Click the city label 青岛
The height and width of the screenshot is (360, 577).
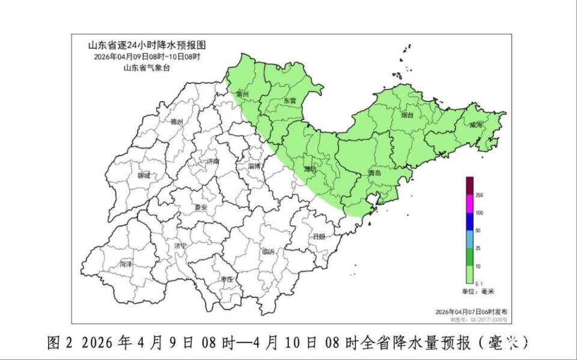[374, 173]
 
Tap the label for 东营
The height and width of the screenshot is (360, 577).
[290, 101]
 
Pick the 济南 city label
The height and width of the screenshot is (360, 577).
[213, 162]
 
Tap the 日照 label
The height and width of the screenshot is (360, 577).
[319, 236]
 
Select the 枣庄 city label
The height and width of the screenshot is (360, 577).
[227, 279]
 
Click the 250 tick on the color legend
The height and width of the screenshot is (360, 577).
[480, 195]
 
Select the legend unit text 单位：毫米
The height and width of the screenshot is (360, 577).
[477, 291]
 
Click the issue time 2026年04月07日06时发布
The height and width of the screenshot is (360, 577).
[472, 312]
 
